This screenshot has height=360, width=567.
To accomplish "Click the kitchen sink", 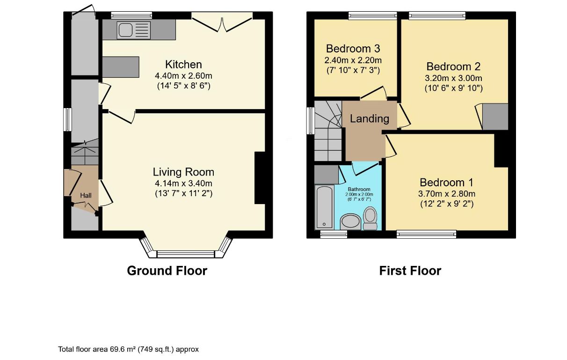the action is coord(134,30).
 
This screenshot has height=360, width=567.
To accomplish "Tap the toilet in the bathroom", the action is coord(370,218).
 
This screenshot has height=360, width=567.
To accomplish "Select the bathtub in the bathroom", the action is coord(325,207).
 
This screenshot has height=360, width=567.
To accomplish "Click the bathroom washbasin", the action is coord(350,222).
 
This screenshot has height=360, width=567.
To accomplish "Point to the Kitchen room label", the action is coord(183,64).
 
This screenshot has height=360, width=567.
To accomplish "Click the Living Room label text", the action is coord(183,172).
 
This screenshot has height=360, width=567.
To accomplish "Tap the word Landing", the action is coord(370,118).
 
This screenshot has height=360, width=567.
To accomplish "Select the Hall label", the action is coord(86,195).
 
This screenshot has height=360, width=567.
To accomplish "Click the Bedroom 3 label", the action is coord(353,48).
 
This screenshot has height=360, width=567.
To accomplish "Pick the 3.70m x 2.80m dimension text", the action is coord(447,194).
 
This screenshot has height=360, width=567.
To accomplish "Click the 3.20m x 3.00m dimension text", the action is coord(454,78).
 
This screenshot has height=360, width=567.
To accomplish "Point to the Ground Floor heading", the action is coord(167,271).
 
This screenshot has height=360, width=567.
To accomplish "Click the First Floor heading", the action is coord(410,271).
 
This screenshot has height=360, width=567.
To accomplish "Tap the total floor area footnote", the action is coord(128,349).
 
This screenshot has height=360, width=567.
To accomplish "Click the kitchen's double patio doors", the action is coord(222,22).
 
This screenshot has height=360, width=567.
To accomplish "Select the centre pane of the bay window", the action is coord(186,254).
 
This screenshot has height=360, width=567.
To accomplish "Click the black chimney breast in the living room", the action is coord(260,178).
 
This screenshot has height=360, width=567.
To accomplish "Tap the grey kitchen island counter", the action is coord(121,67).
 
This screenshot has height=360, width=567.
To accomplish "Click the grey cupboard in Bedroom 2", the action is coord(495,117).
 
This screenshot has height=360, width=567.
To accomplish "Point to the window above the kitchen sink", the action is coord(131,15).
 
